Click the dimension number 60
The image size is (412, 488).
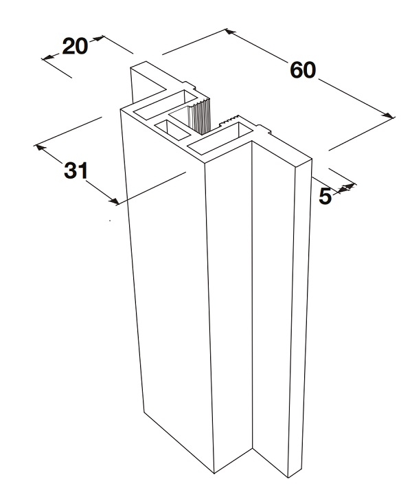click(x=303, y=70)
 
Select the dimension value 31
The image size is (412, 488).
click(x=75, y=169)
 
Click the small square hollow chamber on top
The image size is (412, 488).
click(x=167, y=126)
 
